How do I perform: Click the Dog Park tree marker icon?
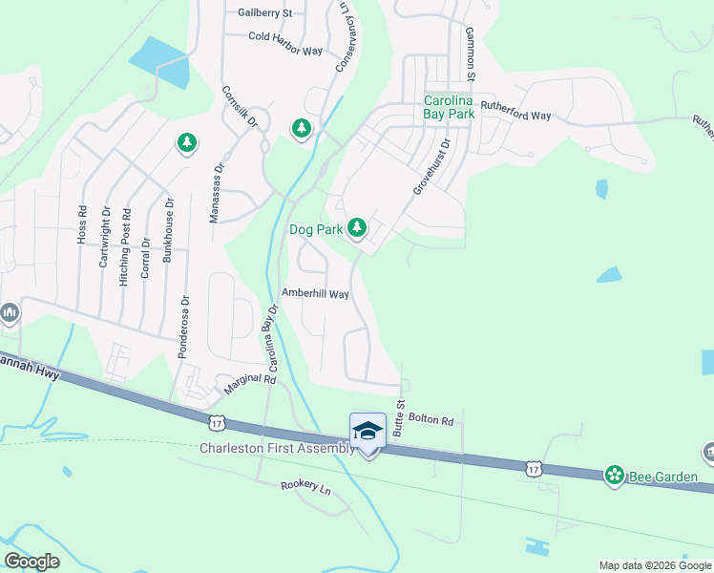click(x=357, y=227)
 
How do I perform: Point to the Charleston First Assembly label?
click(x=276, y=449)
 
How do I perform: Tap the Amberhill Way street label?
click(x=315, y=294)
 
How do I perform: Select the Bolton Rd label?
click(x=430, y=419)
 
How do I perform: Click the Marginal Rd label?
click(x=249, y=385)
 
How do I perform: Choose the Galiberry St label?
click(x=264, y=13)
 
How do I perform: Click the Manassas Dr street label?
click(x=218, y=192)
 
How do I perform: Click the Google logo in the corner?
click(x=31, y=562)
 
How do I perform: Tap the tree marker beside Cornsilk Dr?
click(x=302, y=127)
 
